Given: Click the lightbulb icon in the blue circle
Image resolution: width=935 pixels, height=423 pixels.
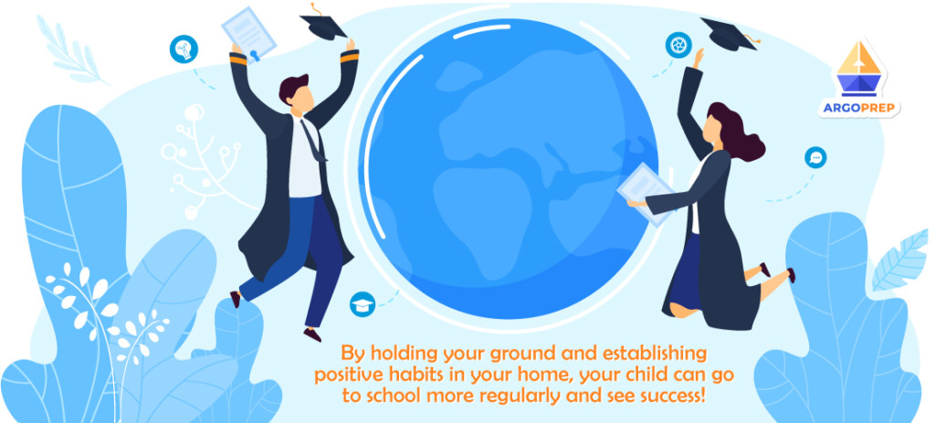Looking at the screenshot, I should pyautogui.click(x=184, y=49).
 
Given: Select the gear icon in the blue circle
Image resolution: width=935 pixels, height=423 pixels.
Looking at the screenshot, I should pyautogui.click(x=678, y=44).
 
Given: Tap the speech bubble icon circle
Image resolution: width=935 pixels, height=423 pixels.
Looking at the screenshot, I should pyautogui.click(x=815, y=158).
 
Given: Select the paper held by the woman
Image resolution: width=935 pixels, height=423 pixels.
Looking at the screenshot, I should pyautogui.click(x=646, y=187).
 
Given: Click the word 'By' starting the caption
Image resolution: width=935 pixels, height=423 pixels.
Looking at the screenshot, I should pyautogui.click(x=352, y=353).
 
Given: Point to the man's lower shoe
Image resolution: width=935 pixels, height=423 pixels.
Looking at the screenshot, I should pyautogui.click(x=312, y=333).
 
